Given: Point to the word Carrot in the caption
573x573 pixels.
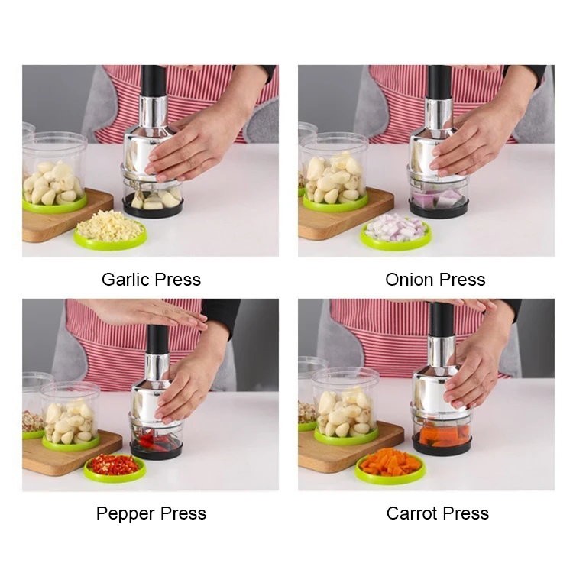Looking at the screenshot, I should click(x=412, y=513).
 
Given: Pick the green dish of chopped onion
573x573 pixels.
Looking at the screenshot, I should click(x=395, y=230).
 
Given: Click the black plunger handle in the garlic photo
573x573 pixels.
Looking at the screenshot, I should click(x=153, y=81).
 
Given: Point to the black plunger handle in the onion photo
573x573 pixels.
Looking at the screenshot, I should click(x=439, y=81).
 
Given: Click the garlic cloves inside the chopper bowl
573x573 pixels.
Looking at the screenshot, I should click(x=151, y=200).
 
